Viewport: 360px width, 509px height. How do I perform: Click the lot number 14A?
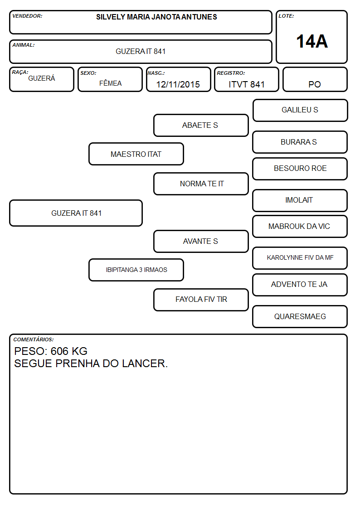click(312, 42)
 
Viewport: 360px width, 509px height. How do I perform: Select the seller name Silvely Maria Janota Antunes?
click(156, 17)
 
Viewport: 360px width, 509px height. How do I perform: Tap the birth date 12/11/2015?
click(178, 84)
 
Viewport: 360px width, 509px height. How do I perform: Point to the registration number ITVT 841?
click(246, 84)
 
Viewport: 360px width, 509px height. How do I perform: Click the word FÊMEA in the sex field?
click(110, 83)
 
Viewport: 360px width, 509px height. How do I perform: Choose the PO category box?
click(315, 79)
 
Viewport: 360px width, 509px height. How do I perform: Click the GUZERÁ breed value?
click(42, 78)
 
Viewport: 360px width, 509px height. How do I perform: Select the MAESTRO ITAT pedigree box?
click(136, 154)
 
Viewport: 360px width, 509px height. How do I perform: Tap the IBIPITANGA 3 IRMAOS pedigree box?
click(136, 270)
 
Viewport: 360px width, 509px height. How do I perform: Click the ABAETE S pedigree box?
click(201, 125)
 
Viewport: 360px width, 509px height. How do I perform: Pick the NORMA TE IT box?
click(201, 184)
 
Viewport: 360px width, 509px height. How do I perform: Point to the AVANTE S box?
click(201, 241)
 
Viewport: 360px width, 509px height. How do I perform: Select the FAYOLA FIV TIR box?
click(201, 300)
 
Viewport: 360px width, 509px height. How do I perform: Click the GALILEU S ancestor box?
click(300, 111)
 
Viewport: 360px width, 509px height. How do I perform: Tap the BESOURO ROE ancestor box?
click(300, 169)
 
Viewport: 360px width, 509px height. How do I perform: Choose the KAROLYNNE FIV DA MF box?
click(300, 258)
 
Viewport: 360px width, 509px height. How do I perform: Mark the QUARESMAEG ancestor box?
click(300, 316)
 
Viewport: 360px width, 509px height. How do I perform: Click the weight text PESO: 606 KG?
click(51, 351)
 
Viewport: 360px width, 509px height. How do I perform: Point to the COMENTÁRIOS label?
click(34, 339)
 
